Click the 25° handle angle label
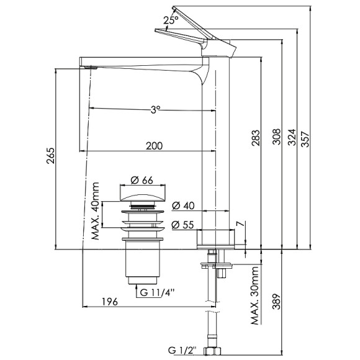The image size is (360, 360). click(171, 19)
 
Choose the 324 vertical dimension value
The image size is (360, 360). click(290, 136)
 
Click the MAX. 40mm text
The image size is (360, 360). click(95, 211)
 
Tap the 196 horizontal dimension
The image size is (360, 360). click(110, 302)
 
